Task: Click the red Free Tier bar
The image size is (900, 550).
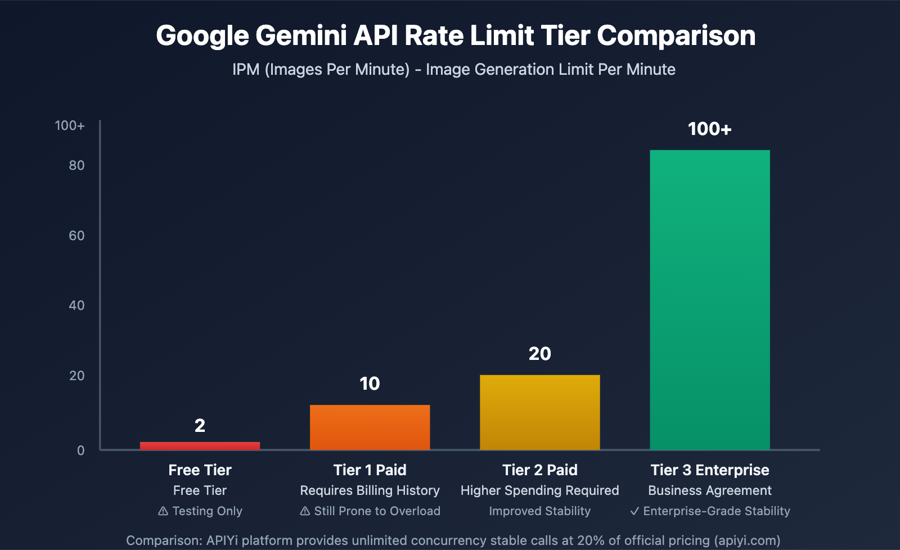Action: pos(200,445)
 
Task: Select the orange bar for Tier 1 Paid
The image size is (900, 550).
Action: pos(370,427)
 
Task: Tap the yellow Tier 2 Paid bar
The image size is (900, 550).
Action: pos(539,412)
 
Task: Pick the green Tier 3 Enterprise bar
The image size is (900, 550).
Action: pos(709,299)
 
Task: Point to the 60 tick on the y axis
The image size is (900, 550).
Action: pos(76,236)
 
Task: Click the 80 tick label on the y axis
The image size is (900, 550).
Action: pos(76,165)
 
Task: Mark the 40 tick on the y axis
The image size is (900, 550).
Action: pos(76,305)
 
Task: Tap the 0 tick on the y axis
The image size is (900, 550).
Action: pos(81,450)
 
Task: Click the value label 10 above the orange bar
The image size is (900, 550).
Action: pos(370,384)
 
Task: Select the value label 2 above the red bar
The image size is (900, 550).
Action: pos(200,426)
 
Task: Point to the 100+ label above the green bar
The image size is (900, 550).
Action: pos(709,129)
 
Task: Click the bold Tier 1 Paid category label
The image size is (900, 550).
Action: pos(370,470)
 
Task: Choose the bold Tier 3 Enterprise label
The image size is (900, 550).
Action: pos(709,470)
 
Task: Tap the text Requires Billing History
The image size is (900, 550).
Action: pos(370,490)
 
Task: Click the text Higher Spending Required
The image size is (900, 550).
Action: pos(539,490)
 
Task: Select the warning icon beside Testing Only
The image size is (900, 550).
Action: pos(163,511)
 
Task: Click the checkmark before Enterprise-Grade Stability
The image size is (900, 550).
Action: pos(634,511)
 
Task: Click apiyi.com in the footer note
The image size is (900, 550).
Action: pos(747,540)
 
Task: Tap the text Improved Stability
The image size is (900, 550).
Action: pos(539,511)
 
